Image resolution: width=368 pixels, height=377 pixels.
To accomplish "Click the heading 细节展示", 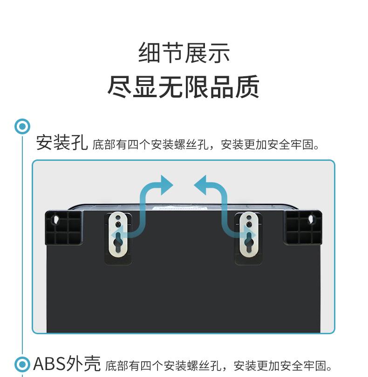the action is click(x=184, y=53).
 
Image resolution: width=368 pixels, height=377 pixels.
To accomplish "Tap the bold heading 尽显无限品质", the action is click(x=184, y=87).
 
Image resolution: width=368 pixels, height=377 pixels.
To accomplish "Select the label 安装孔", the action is click(x=62, y=143).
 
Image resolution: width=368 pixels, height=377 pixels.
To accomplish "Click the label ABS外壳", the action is click(x=67, y=364).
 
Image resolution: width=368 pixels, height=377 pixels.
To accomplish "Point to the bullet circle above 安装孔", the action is click(x=22, y=126).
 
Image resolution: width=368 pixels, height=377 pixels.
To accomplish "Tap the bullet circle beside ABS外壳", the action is click(x=22, y=364).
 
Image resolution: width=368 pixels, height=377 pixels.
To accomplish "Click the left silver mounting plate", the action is click(x=118, y=234).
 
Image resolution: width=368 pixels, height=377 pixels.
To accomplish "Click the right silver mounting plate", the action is click(x=249, y=234).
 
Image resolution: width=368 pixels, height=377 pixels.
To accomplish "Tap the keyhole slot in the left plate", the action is click(x=118, y=242).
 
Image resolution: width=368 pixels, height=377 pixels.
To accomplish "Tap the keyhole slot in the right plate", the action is click(x=249, y=242).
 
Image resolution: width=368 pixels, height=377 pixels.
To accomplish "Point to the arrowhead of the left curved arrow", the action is click(x=167, y=185).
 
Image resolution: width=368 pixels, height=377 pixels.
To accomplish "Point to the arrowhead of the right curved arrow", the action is click(x=200, y=185).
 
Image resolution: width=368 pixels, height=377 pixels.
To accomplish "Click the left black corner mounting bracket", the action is click(x=64, y=228).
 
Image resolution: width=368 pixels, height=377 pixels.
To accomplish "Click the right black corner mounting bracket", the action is click(x=303, y=228).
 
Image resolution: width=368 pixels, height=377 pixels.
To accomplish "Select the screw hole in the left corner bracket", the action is click(x=56, y=219).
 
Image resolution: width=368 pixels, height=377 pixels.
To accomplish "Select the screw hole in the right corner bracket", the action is click(x=311, y=219).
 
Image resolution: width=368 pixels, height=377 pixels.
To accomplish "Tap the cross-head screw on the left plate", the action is click(x=118, y=225).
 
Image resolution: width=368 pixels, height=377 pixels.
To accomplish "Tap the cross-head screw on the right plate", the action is click(x=249, y=225).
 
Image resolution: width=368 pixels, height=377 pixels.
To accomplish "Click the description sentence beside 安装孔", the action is click(x=205, y=145).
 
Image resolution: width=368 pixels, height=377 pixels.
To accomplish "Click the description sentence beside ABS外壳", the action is click(x=218, y=366).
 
